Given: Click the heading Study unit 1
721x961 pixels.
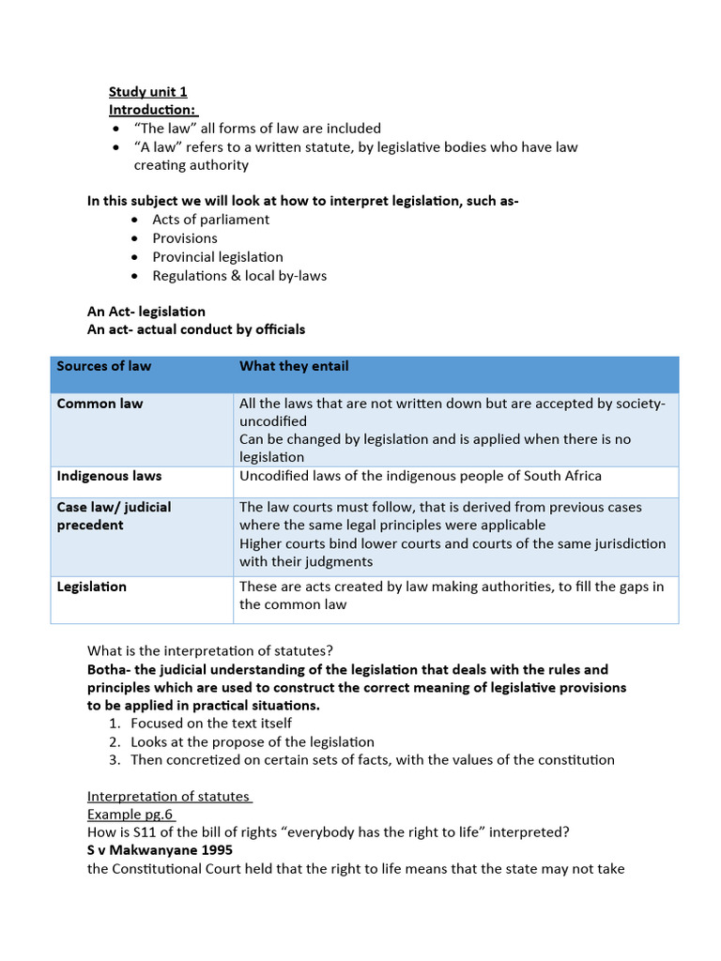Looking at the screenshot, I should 147,91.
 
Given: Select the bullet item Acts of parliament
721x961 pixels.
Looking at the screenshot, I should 210,220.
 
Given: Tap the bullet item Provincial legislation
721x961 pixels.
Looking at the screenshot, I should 217,257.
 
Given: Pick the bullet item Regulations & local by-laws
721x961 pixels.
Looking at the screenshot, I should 239,276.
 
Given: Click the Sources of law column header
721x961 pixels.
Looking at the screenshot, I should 103,366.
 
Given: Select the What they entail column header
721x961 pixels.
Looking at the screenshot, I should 293,366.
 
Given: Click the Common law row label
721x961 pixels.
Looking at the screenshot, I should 100,404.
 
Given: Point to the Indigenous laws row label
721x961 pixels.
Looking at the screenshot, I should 109,476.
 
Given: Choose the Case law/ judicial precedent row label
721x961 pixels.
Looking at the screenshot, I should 114,516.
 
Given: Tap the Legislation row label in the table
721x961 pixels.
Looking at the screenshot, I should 91,587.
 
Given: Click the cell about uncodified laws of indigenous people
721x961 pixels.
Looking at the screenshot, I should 421,476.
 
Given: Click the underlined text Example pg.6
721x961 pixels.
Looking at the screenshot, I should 130,815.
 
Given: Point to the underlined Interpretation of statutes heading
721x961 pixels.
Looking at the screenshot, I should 169,796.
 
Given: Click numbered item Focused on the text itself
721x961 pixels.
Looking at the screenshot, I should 211,723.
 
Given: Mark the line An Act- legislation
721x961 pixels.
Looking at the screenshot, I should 146,312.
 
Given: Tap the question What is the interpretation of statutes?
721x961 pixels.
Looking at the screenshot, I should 210,650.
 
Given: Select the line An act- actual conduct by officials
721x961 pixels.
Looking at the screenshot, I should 195,329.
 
